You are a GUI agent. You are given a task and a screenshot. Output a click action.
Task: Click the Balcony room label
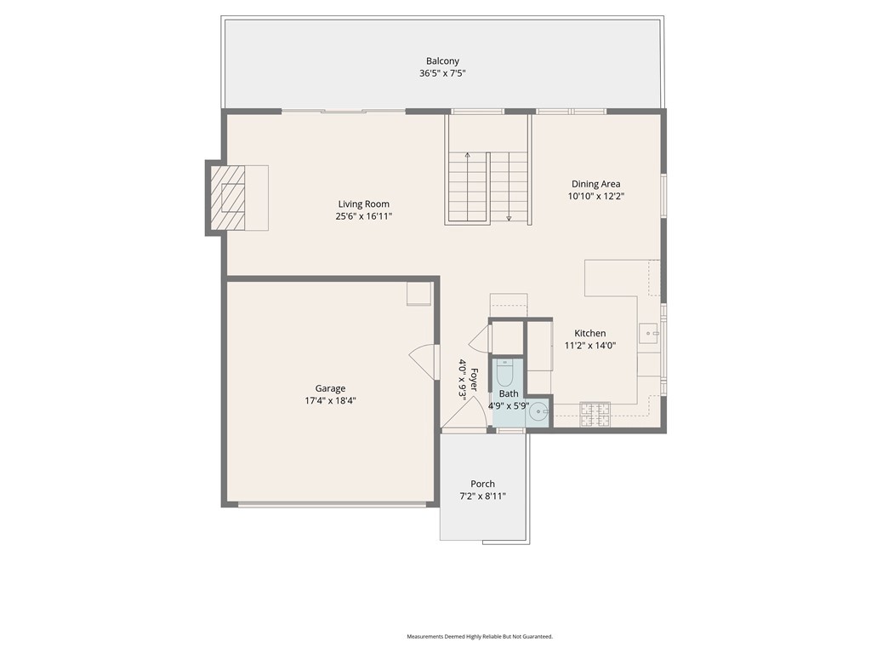click(442, 61)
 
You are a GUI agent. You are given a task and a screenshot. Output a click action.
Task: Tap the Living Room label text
click(364, 204)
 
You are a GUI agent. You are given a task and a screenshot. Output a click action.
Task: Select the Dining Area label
click(596, 184)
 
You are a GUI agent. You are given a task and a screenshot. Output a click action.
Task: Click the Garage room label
click(331, 388)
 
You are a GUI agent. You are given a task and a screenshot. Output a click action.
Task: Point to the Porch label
click(483, 484)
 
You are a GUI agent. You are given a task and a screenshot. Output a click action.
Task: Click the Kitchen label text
click(590, 333)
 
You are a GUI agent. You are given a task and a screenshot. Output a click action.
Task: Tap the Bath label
click(509, 393)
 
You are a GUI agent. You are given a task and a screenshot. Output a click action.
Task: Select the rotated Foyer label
click(474, 380)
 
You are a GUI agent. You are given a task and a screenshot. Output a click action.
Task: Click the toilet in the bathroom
click(504, 373)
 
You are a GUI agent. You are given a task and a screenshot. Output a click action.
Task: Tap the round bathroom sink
click(538, 413)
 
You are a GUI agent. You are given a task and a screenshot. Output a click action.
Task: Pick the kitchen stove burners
click(595, 415)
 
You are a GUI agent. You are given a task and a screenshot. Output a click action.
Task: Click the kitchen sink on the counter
click(647, 334)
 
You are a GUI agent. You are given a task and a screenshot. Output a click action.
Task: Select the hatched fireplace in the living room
click(227, 198)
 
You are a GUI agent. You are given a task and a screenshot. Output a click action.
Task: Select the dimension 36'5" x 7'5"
click(442, 73)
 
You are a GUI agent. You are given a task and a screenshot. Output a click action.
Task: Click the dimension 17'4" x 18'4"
click(331, 401)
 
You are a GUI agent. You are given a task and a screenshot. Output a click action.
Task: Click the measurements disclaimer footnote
click(480, 636)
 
